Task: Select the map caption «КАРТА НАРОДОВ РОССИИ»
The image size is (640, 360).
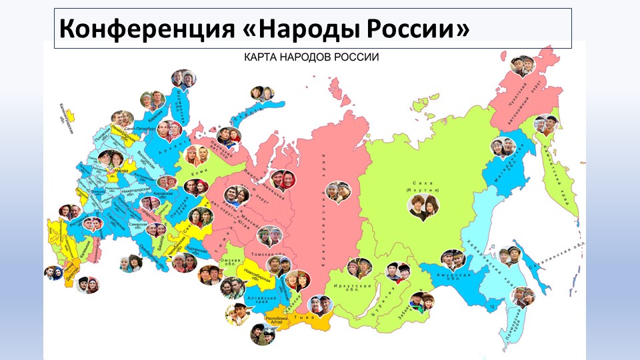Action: click(310, 57)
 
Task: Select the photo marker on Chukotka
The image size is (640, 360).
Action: click(523, 65)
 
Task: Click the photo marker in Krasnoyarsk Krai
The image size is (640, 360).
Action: click(338, 192)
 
